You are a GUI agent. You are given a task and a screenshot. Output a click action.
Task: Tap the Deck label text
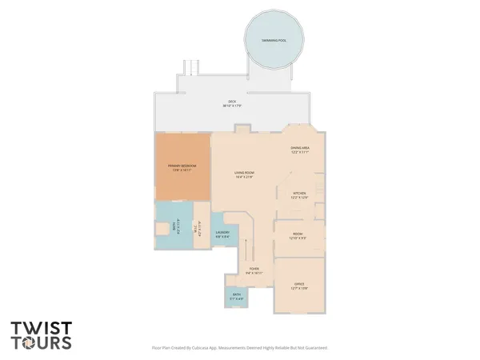pyautogui.click(x=232, y=102)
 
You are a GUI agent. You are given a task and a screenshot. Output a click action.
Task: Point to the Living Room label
pyautogui.click(x=244, y=173)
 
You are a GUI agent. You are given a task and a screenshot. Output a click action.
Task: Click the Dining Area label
pyautogui.click(x=300, y=148)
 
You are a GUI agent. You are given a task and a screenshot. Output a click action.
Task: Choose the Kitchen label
pyautogui.click(x=299, y=193)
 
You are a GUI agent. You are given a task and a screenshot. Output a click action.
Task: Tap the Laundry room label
pyautogui.click(x=222, y=233)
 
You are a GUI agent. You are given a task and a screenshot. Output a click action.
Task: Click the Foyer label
pyautogui.click(x=253, y=269)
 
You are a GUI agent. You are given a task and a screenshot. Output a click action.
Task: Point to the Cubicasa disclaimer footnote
pyautogui.click(x=239, y=348)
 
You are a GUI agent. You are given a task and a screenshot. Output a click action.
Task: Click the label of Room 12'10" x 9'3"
pyautogui.click(x=297, y=235)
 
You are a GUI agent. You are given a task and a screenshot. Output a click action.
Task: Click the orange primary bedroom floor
pyautogui.click(x=182, y=180)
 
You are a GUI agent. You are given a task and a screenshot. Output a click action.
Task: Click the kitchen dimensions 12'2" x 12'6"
pyautogui.click(x=299, y=197)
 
